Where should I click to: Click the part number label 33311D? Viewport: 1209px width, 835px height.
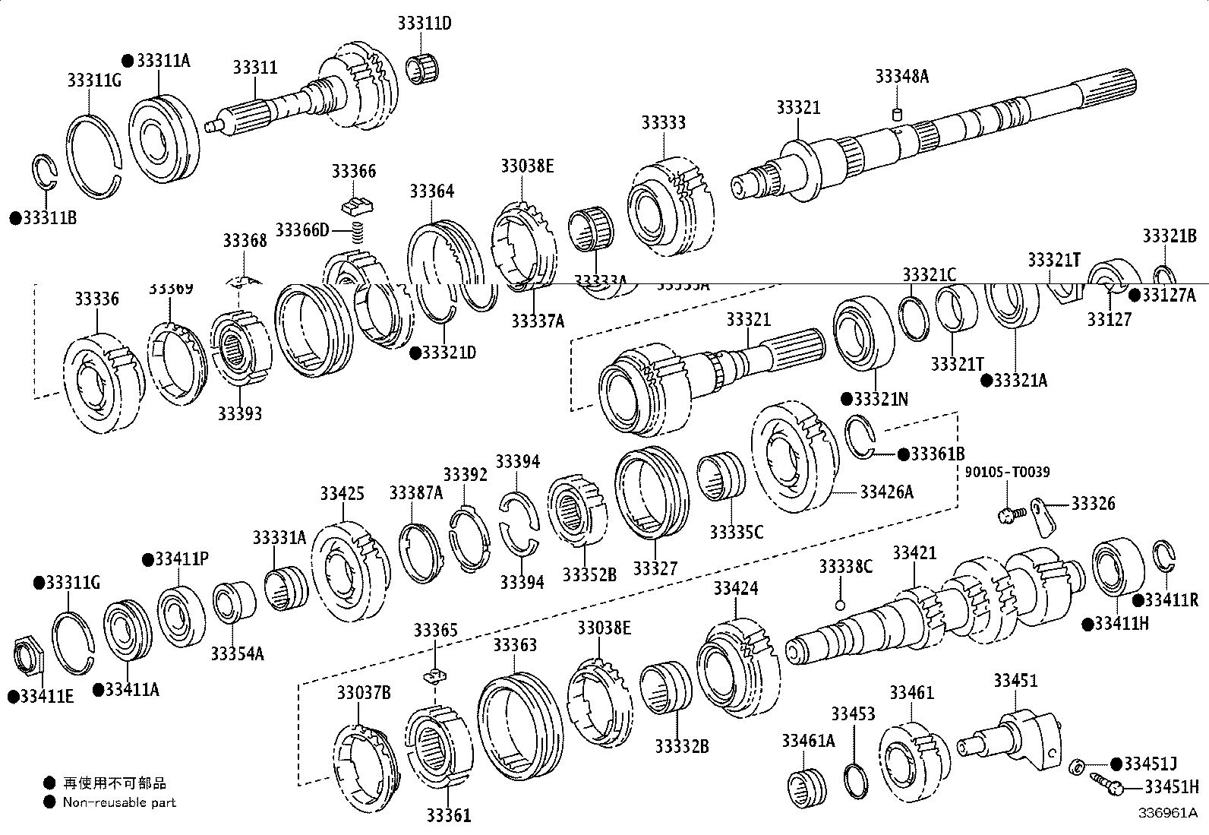(424, 24)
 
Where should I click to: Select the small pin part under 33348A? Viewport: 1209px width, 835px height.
(896, 115)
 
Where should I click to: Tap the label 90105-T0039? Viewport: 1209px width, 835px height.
(1007, 473)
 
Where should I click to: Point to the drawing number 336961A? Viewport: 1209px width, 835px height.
(1166, 812)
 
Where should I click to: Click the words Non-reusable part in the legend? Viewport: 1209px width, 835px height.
(119, 802)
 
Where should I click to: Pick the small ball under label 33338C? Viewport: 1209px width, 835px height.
(840, 605)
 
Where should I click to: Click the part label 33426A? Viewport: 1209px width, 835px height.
(886, 492)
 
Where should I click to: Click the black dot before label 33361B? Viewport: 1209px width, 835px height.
(903, 454)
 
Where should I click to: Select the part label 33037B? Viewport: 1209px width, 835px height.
(364, 692)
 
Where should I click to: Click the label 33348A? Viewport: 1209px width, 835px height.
(901, 76)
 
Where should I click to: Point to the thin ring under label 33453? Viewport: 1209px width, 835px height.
(856, 781)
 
